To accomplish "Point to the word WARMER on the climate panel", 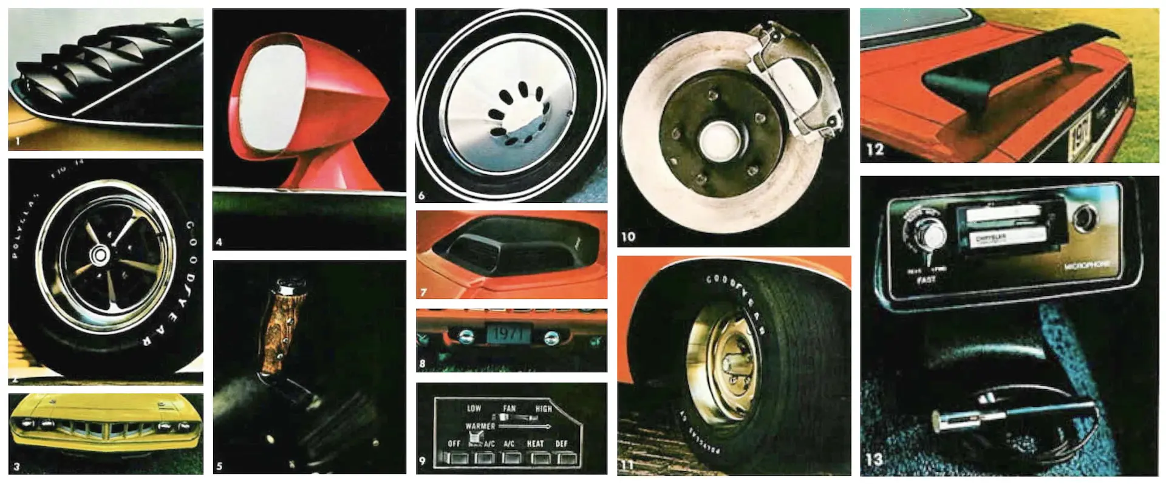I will [480, 426].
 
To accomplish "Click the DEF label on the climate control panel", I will [561, 444].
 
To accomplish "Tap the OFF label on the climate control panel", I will [454, 444].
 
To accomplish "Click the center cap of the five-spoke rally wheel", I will [98, 256].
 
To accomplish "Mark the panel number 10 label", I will [628, 236].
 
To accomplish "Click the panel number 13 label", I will [874, 460].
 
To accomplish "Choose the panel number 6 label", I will [421, 196].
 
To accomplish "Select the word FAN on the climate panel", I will [509, 409].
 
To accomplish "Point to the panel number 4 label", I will [219, 242].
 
